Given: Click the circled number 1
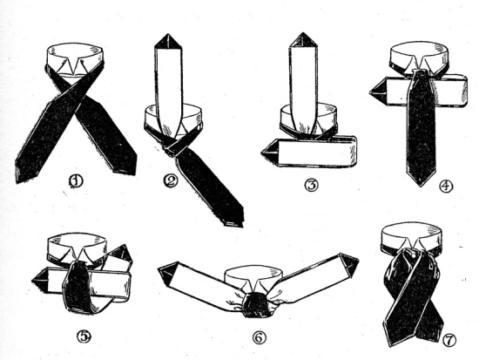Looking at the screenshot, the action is coord(76,181).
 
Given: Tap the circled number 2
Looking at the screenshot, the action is coord(171,180).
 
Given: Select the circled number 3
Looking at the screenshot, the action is coord(311,185).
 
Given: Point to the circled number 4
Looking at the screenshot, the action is coord(446,186).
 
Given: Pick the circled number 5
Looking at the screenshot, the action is coord(84,336).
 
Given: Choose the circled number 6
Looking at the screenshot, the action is coord(259,337).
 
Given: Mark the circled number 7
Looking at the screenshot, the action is coord(449,340).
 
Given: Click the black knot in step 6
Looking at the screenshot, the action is coord(255,304).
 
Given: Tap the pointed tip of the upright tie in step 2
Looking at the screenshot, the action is coord(167,34).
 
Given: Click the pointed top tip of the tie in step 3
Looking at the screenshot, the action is coord(303,33).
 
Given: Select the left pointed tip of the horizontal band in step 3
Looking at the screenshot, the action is coord(262,152).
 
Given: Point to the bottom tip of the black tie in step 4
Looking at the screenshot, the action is coord(421,186).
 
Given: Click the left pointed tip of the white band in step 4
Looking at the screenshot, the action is coord(370,92).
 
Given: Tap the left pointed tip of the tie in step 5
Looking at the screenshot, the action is coord(32,280).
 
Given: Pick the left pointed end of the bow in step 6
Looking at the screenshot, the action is coord(159,268).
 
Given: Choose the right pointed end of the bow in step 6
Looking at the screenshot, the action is coord(358,261).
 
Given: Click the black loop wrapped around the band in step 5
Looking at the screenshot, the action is coord(77,288).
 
